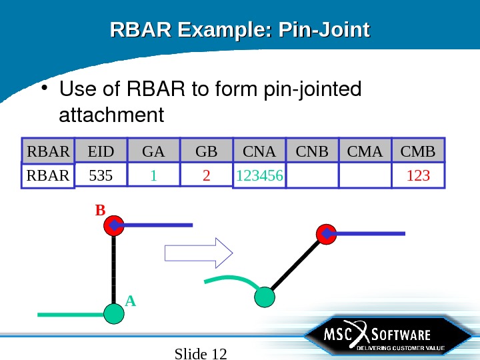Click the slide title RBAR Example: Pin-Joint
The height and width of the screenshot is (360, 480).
click(239, 31)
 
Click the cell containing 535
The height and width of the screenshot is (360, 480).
click(101, 176)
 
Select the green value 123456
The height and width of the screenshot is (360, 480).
click(259, 176)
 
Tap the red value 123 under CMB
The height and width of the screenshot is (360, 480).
click(418, 176)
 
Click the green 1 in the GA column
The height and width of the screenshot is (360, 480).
click(153, 176)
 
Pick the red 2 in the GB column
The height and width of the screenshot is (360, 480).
click(207, 176)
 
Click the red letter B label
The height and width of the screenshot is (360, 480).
click(100, 211)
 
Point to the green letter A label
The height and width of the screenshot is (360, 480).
click(130, 301)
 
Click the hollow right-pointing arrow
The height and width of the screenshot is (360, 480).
click(198, 253)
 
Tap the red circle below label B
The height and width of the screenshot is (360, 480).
click(114, 226)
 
